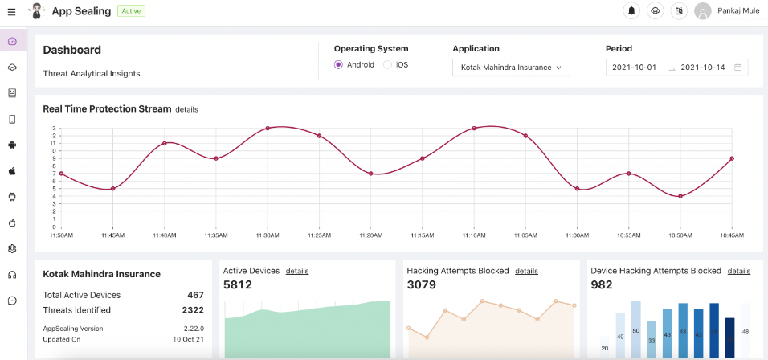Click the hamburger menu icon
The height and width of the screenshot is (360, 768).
(x=11, y=11)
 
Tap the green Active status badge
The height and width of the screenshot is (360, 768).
(x=131, y=11)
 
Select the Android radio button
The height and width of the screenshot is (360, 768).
(x=338, y=65)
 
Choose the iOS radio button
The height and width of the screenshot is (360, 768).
(x=387, y=65)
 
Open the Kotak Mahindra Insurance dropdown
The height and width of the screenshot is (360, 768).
(x=511, y=67)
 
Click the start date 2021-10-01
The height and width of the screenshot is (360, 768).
(x=634, y=67)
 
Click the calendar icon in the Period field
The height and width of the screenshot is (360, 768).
(x=737, y=67)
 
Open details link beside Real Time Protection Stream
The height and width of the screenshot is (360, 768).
(x=186, y=109)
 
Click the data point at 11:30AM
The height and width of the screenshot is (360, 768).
(x=268, y=128)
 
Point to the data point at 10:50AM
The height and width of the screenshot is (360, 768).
(x=680, y=196)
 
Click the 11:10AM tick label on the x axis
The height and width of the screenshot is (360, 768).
(x=474, y=235)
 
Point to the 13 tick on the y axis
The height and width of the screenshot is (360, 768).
(x=53, y=128)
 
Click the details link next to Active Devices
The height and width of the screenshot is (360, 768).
(x=297, y=271)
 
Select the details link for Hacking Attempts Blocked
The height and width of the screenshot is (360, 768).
(x=526, y=271)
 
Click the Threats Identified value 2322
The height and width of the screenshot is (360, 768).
(x=192, y=310)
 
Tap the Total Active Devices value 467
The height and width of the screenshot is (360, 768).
(x=195, y=295)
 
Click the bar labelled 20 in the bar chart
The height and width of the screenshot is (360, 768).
(x=604, y=348)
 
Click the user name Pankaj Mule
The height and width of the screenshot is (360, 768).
(x=737, y=11)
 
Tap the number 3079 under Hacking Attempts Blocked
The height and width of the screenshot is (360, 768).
(x=421, y=284)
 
